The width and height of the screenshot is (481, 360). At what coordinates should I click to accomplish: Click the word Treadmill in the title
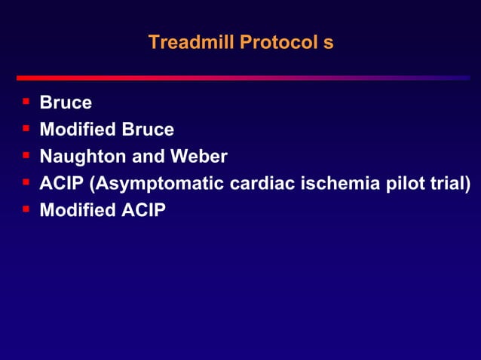[191, 42]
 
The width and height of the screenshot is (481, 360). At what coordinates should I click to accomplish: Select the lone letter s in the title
[329, 42]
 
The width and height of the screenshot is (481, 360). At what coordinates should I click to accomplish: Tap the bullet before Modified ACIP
[26, 208]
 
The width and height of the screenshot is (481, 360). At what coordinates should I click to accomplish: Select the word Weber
[201, 157]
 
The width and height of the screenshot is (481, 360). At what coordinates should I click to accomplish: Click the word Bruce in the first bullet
[66, 102]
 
